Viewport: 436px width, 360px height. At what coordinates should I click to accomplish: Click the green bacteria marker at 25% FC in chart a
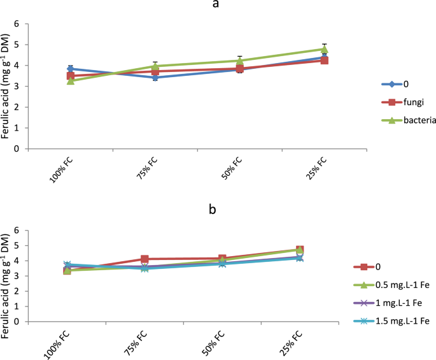(x=325, y=49)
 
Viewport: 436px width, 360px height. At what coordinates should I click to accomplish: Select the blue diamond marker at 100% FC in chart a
(x=71, y=69)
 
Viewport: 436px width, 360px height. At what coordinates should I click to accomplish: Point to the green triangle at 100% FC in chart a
(x=71, y=81)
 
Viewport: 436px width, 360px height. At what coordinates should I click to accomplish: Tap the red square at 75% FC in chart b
(x=145, y=259)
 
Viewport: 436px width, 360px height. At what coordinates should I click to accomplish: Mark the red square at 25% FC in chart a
(x=325, y=61)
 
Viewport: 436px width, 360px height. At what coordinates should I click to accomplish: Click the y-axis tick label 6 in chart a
(x=25, y=24)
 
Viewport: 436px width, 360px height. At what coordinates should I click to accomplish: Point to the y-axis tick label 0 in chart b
(x=25, y=322)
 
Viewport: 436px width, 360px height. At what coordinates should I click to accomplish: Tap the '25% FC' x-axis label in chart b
(x=292, y=342)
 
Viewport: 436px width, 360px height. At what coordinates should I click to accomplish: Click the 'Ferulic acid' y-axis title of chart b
(x=8, y=278)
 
